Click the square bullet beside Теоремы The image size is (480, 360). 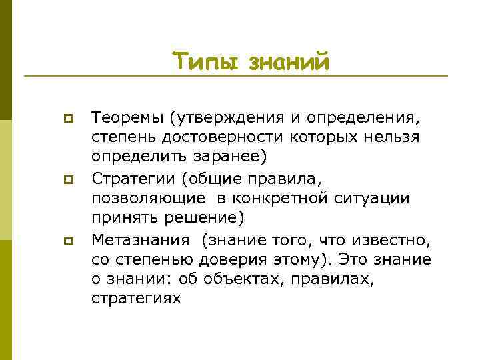[67, 119]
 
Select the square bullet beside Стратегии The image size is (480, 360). [67, 179]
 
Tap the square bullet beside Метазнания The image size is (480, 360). [67, 240]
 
